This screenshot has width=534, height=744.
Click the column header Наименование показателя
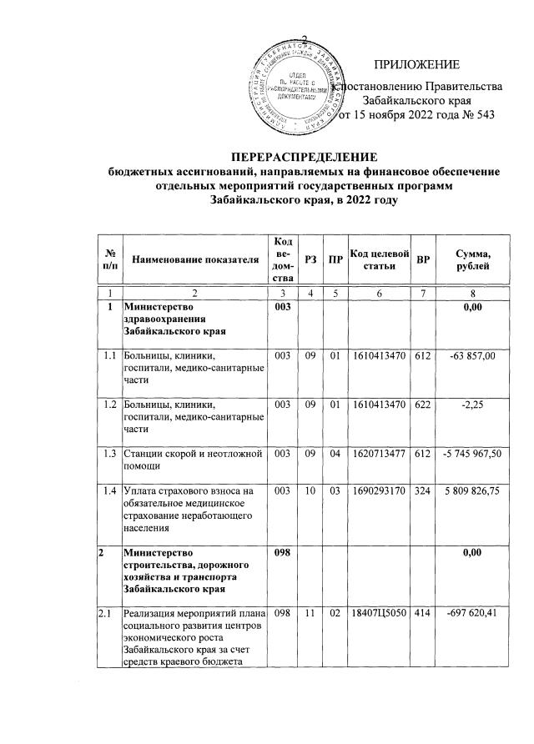[x=194, y=260]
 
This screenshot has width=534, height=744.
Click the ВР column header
[x=423, y=260]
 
